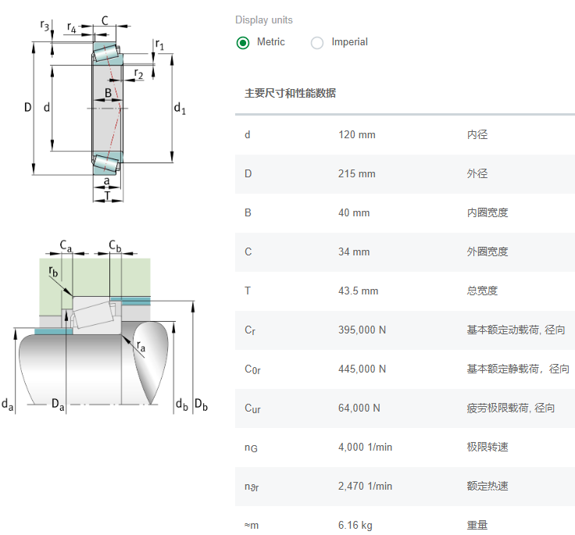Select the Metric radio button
point(243,43)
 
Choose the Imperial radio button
point(317,43)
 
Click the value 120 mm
point(356,134)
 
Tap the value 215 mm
point(356,173)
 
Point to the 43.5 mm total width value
point(358,291)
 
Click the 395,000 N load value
point(362,330)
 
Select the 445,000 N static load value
point(362,369)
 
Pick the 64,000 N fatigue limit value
point(359,408)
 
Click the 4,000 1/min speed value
point(365,447)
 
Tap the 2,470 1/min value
point(365,486)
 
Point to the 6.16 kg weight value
point(355,525)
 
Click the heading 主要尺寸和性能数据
point(291,93)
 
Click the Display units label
point(264,20)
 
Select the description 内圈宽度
point(487,212)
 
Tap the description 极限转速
point(487,447)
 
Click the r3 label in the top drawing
point(45,26)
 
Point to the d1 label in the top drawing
point(180,108)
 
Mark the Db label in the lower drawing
point(201,404)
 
